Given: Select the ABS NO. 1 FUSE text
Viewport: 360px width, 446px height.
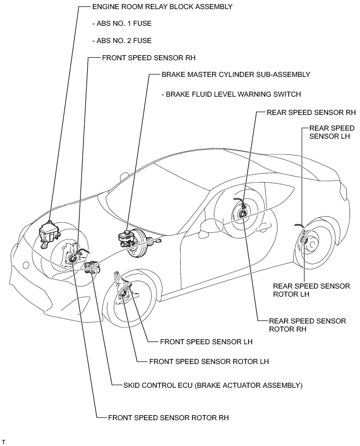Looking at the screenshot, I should click(122, 23).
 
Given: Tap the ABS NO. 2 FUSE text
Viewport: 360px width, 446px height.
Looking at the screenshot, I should click(122, 40).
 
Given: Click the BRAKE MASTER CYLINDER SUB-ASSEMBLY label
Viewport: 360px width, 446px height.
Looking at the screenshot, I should click(235, 74).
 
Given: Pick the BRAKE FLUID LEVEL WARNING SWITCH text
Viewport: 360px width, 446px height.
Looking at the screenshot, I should click(231, 94).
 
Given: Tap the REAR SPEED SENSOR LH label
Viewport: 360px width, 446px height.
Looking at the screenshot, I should click(332, 132).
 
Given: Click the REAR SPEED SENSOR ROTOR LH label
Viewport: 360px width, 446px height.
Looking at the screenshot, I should click(311, 290).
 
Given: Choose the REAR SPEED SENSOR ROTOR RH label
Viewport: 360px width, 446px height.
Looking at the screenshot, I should click(307, 325).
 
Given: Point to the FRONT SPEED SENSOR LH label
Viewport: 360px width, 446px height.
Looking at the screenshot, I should click(206, 342).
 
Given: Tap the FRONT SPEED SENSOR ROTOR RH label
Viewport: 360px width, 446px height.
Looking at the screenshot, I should click(168, 418).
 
